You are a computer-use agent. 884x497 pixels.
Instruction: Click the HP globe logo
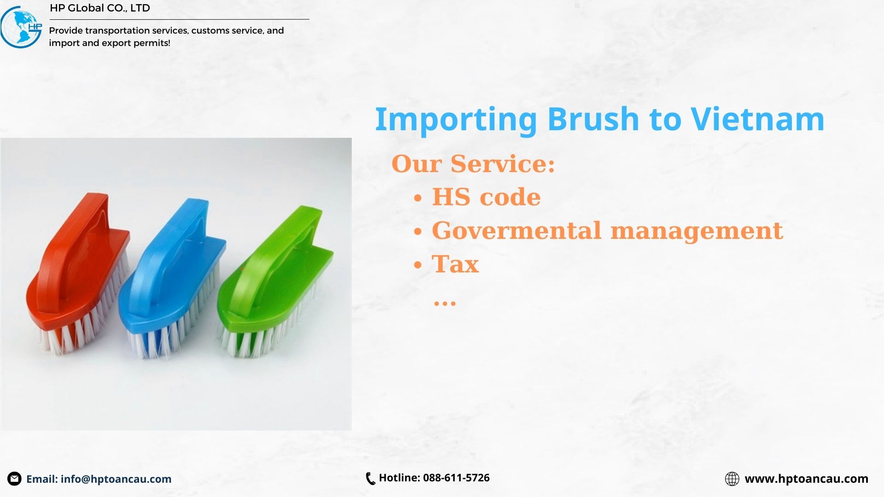pyautogui.click(x=21, y=27)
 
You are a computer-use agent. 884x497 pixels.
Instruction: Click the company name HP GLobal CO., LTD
pyautogui.click(x=100, y=8)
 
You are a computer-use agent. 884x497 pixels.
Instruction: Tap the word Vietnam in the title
pyautogui.click(x=758, y=119)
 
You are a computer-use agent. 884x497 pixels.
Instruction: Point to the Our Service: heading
pyautogui.click(x=473, y=164)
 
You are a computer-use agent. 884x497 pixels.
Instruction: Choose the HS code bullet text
pyautogui.click(x=486, y=197)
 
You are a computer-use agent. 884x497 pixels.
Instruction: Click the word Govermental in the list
pyautogui.click(x=517, y=230)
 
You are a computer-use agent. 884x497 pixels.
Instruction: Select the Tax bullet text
pyautogui.click(x=455, y=264)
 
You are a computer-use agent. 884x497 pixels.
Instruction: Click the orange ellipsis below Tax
pyautogui.click(x=445, y=303)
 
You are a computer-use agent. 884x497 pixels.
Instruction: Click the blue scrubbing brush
pyautogui.click(x=172, y=278)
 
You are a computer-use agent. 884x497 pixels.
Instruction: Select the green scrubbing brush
pyautogui.click(x=275, y=281)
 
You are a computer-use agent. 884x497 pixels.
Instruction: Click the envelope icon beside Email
pyautogui.click(x=14, y=479)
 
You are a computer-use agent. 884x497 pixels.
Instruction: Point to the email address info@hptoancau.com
pyautogui.click(x=116, y=479)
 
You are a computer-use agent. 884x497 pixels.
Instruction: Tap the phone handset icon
pyautogui.click(x=370, y=479)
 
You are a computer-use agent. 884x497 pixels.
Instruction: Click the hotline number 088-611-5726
pyautogui.click(x=456, y=478)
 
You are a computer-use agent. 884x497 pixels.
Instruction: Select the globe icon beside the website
pyautogui.click(x=732, y=479)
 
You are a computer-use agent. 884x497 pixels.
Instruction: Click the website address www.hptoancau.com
pyautogui.click(x=807, y=479)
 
